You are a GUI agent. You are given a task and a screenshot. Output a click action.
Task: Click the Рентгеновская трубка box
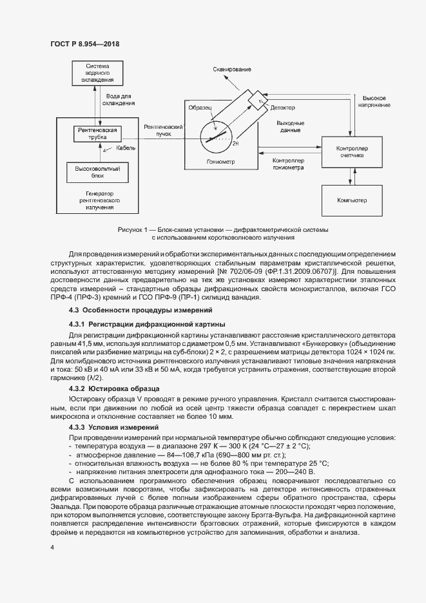pyautogui.click(x=97, y=133)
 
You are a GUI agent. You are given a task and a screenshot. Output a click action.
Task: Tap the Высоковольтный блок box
pyautogui.click(x=97, y=170)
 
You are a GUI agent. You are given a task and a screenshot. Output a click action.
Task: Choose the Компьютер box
pyautogui.click(x=351, y=200)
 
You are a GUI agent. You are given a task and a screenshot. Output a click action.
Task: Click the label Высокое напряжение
pyautogui.click(x=374, y=100)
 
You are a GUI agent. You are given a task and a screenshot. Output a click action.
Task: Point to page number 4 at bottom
pyautogui.click(x=52, y=547)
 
